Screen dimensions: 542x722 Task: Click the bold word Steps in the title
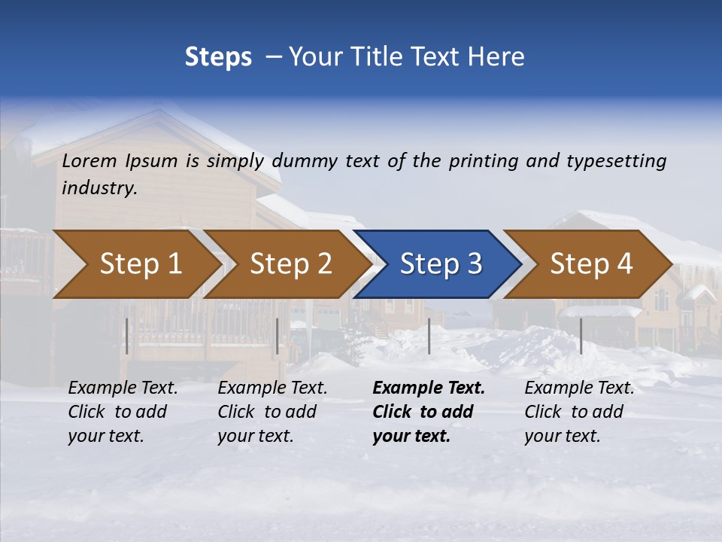pyautogui.click(x=218, y=56)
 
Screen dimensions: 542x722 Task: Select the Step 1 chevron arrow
pyautogui.click(x=135, y=263)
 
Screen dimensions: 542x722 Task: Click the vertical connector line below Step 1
pyautogui.click(x=127, y=336)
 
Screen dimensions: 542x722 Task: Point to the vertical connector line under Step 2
pyautogui.click(x=278, y=336)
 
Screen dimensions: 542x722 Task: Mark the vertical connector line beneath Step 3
pyautogui.click(x=429, y=336)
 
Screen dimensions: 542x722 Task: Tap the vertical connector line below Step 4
pyautogui.click(x=581, y=336)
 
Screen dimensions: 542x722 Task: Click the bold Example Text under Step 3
pyautogui.click(x=429, y=412)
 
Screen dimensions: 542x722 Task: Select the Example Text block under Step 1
pyautogui.click(x=123, y=412)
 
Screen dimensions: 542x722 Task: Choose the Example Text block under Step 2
pyautogui.click(x=272, y=412)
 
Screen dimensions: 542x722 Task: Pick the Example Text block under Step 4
pyautogui.click(x=579, y=412)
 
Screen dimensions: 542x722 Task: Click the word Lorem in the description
pyautogui.click(x=89, y=160)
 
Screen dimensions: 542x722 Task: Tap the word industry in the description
pyautogui.click(x=99, y=188)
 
